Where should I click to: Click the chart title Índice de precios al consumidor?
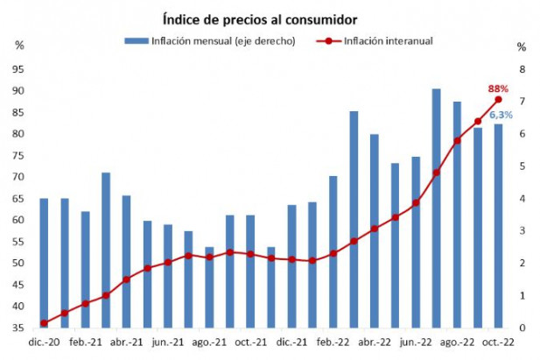[260, 18]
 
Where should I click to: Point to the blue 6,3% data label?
[501, 115]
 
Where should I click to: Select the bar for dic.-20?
[44, 263]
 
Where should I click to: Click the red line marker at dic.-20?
[44, 323]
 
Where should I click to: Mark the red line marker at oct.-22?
[498, 99]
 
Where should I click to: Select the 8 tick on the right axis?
[522, 69]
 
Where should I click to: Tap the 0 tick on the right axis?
[522, 328]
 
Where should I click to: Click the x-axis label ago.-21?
[208, 344]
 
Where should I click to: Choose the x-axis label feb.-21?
[84, 344]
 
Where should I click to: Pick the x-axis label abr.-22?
[374, 344]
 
